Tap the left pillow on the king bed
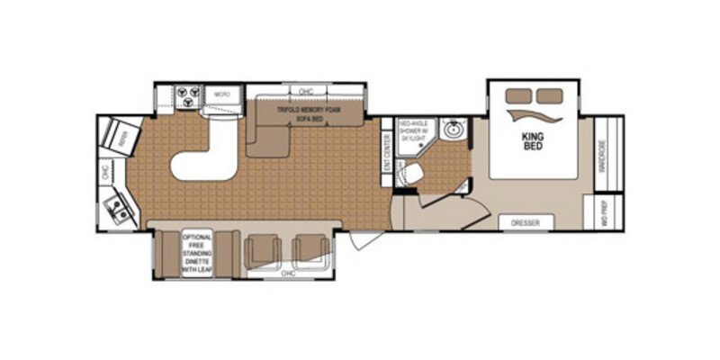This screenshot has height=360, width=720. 517,95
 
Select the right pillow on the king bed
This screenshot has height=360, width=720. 545,95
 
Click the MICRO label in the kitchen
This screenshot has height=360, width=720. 220,94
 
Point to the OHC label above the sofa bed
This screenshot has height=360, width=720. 305,91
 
